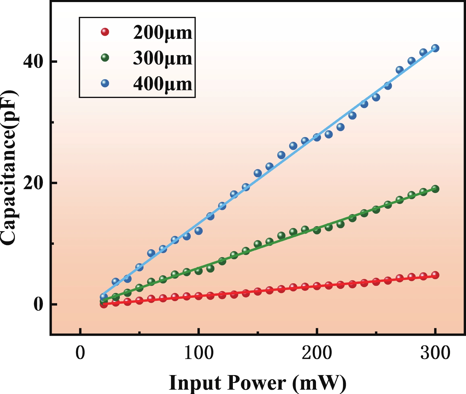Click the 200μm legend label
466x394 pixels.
point(163,32)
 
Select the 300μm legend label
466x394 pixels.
point(163,58)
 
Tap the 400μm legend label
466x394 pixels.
point(163,84)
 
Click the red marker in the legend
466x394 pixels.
point(105,32)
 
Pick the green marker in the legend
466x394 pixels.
point(105,57)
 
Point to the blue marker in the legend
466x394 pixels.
point(105,83)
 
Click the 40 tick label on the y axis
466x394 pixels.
point(33,62)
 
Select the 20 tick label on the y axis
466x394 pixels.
point(33,183)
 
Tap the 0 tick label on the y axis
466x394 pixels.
point(38,304)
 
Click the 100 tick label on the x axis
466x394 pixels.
point(199,353)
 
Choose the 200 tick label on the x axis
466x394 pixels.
point(317,353)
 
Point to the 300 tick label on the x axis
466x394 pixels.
point(435,353)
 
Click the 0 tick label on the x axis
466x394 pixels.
point(80,353)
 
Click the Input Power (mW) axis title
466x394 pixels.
point(257,383)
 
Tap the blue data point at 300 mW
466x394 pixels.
point(435,48)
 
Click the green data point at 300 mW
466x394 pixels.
point(435,189)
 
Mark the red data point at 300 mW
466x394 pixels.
point(435,275)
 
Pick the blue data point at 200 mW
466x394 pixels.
point(317,137)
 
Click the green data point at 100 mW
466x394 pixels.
point(199,271)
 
